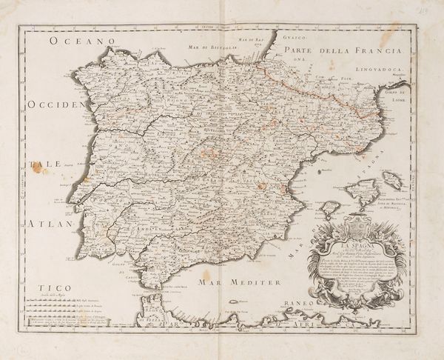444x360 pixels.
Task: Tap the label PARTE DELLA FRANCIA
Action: click(336, 50)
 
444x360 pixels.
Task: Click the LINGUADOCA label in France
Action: click(374, 73)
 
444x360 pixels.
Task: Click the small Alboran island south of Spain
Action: click(234, 301)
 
